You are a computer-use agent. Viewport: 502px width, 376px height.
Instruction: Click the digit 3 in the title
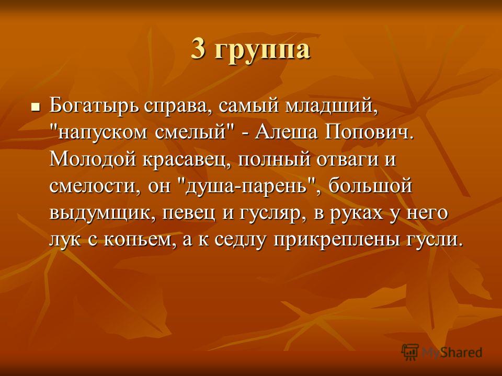click(x=198, y=49)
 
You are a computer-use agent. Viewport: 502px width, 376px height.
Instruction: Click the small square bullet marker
click(x=35, y=105)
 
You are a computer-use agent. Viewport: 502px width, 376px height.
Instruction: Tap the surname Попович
click(x=367, y=132)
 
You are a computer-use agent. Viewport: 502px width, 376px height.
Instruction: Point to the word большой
click(x=370, y=185)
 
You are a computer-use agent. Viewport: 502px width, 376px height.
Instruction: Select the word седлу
click(x=240, y=240)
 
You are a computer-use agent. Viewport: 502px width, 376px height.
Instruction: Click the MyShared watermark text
click(x=452, y=352)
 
